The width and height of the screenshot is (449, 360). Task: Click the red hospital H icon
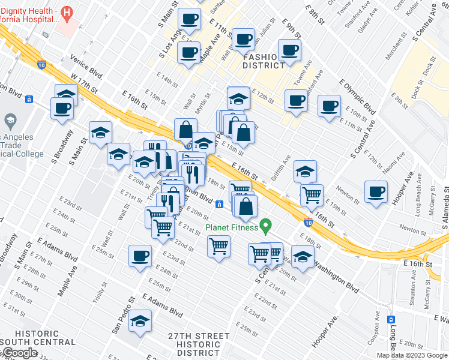tap(67, 11)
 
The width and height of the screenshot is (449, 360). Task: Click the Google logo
tap(19, 353)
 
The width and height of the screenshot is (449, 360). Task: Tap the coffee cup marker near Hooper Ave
tap(376, 192)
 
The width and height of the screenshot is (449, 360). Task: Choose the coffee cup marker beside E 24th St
tap(140, 256)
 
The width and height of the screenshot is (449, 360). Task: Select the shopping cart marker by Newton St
tap(312, 194)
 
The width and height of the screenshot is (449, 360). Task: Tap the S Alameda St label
tap(445, 207)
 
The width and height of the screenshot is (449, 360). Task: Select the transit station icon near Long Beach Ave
tap(391, 319)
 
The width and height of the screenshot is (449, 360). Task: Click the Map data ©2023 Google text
tap(411, 355)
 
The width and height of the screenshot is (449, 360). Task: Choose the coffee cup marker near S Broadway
tap(62, 109)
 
